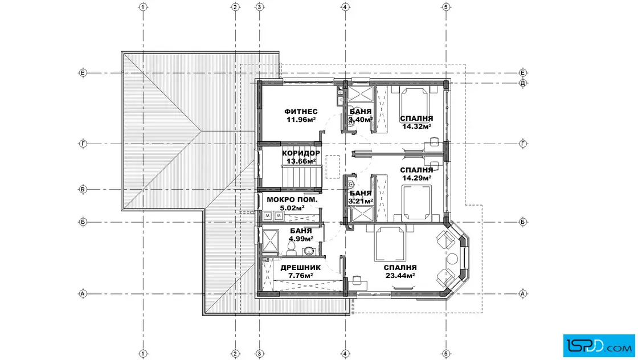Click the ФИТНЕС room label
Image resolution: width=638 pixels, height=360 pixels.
[301, 112]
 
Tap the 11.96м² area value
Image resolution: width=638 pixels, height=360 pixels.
[301, 120]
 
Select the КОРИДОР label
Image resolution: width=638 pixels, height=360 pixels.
[301, 153]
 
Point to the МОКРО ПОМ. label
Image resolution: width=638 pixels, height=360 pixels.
[292, 200]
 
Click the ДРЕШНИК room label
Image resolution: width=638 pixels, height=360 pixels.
[301, 268]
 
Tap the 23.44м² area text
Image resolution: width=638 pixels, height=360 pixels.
[400, 275]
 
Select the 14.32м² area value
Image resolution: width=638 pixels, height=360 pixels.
[416, 126]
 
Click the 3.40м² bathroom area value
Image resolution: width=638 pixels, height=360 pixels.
[361, 120]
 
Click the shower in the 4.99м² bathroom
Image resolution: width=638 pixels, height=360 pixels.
[270, 241]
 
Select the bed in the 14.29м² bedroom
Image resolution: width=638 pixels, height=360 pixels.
[416, 202]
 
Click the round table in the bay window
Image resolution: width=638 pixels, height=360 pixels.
[452, 259]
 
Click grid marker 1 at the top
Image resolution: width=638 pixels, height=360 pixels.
[143, 7]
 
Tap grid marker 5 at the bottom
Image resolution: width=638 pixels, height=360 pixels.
[446, 354]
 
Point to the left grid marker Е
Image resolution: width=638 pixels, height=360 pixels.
[83, 73]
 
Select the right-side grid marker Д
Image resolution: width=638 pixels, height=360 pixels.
[523, 83]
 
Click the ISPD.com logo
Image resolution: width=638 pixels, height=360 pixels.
[599, 346]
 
